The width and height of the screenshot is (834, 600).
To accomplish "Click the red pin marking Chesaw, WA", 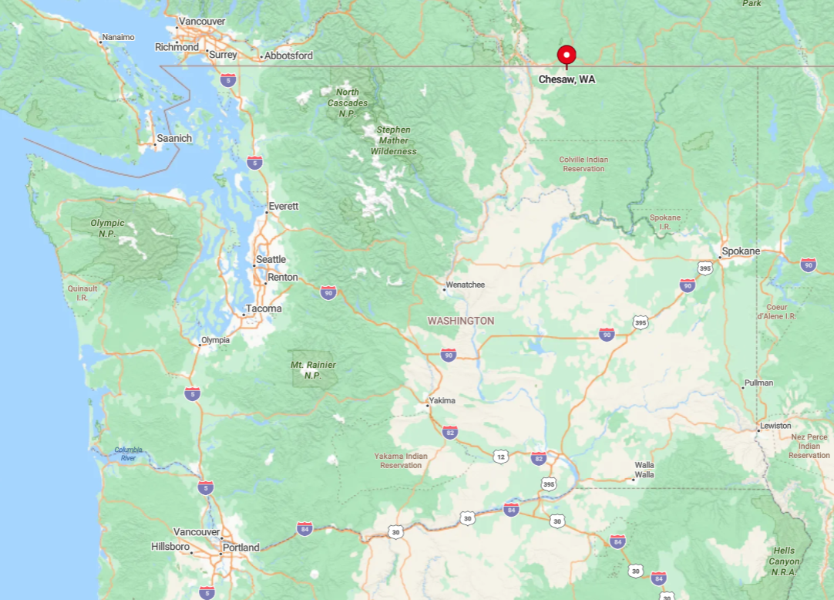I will point(567,55).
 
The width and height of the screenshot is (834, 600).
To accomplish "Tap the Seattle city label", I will point(271,259).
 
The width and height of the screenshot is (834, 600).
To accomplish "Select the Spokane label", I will point(741,251).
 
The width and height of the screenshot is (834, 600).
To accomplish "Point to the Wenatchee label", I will point(466,285).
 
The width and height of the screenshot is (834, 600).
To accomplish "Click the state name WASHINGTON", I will point(461,321).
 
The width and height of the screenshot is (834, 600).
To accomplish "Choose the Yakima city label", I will point(442,400).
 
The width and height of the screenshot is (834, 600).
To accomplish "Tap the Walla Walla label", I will point(644,470).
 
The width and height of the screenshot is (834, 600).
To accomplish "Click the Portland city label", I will point(240,548).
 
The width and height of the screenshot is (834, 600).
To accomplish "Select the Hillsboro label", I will point(170,547).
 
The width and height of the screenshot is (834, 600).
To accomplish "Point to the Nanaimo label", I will point(118,37).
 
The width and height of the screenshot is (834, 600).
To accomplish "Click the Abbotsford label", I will point(288,56).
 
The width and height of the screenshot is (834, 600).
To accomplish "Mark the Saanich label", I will point(174,139).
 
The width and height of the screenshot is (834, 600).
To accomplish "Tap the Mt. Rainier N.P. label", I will point(313,370).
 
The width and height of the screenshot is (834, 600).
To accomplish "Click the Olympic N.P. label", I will point(107,228).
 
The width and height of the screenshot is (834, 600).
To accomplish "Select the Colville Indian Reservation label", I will point(583,164).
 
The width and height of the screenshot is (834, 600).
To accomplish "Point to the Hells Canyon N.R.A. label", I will point(785,561).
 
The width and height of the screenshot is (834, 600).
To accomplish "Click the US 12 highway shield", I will point(501,457).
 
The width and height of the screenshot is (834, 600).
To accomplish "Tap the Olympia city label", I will point(215,339).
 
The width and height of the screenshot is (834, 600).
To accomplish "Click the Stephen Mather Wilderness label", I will point(393,140).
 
